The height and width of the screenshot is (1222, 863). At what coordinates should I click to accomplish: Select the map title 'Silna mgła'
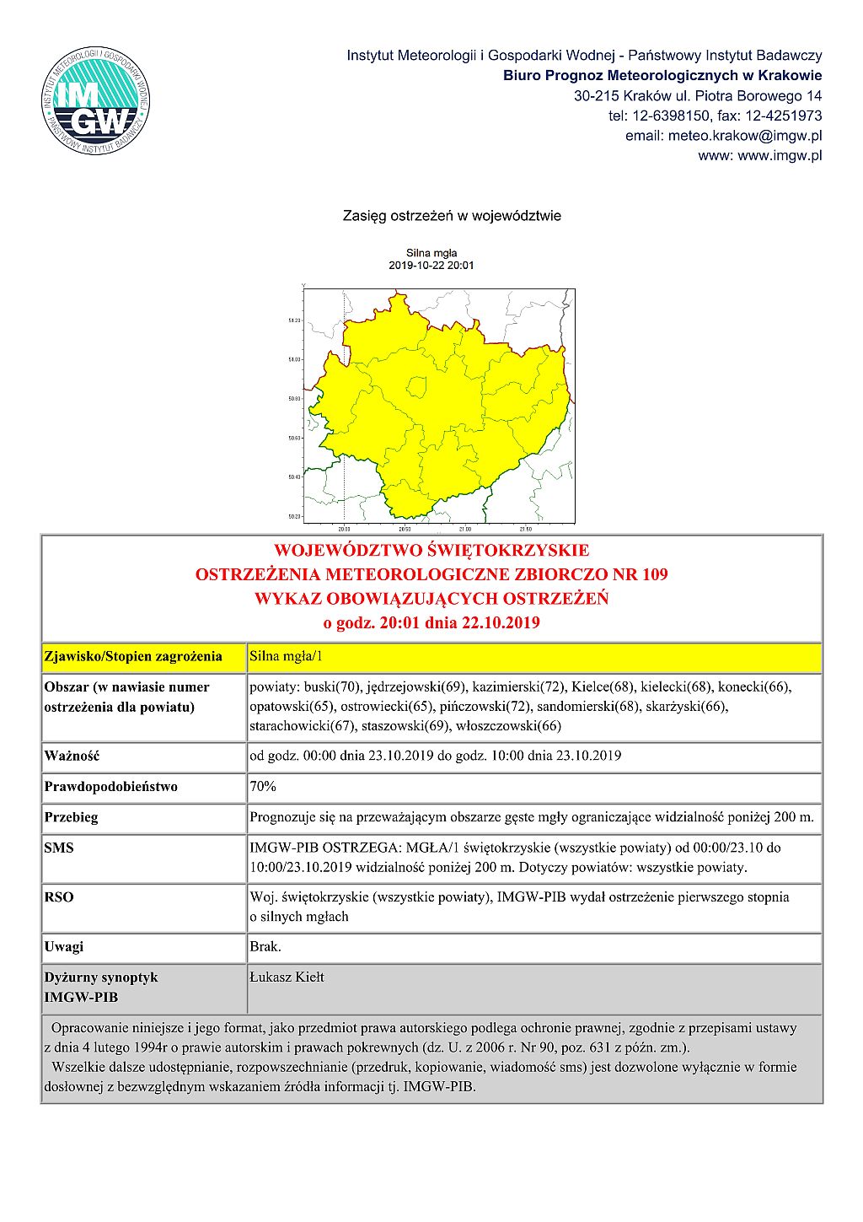(x=431, y=253)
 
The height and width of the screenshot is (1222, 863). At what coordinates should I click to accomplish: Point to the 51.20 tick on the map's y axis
(x=294, y=320)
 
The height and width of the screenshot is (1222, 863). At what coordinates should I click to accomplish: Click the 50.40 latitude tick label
(x=294, y=477)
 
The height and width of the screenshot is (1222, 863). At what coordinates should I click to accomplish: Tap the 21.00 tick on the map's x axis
(x=464, y=530)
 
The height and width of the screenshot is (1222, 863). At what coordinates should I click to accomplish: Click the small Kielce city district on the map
(x=416, y=387)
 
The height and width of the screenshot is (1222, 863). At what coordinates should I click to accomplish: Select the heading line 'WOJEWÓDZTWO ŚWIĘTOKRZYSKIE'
(x=431, y=551)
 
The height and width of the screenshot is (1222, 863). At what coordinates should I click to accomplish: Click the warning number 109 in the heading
(x=654, y=575)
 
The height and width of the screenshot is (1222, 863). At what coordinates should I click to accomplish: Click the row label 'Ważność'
(x=72, y=756)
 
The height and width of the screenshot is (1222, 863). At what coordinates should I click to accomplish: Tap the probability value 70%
(x=263, y=787)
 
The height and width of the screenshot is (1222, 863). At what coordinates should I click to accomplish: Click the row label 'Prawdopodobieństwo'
(x=110, y=787)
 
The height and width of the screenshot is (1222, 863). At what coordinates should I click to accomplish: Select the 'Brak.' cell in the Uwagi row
(x=265, y=947)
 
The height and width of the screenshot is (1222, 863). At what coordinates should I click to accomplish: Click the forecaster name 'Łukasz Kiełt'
(x=287, y=977)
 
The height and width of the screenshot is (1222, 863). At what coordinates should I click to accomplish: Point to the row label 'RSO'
(x=59, y=897)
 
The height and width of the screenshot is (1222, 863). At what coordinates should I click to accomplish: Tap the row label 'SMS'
(x=59, y=848)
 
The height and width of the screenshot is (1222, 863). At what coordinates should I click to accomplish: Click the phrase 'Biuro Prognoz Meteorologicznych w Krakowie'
(x=662, y=76)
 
